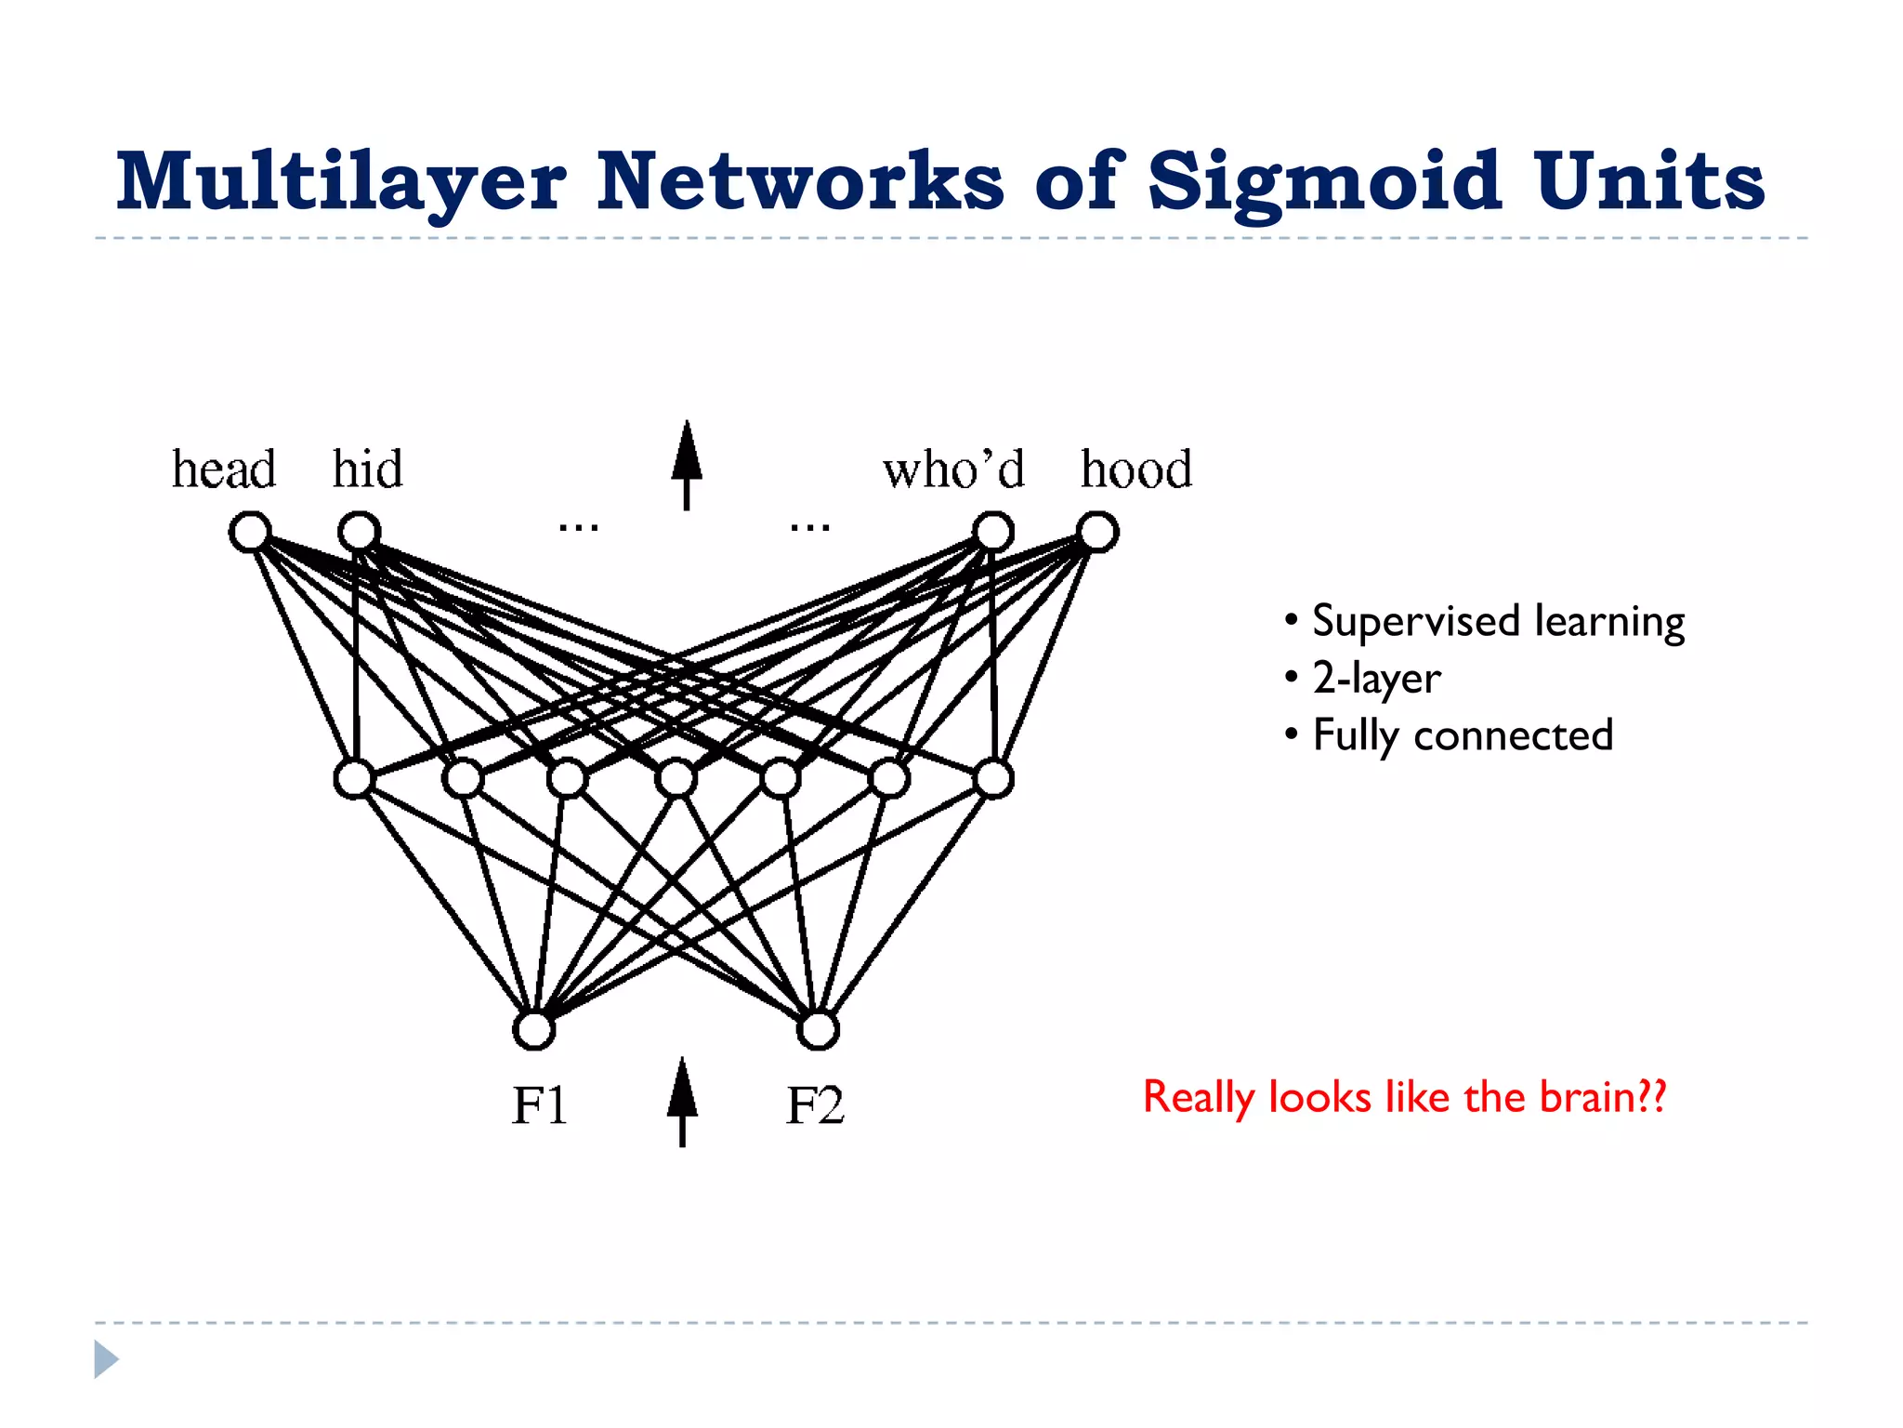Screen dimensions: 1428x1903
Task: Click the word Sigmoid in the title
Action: [x=1324, y=182]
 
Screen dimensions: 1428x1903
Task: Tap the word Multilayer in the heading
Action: [x=341, y=182]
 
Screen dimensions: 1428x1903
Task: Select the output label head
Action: [x=224, y=469]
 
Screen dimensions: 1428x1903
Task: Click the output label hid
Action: [x=368, y=469]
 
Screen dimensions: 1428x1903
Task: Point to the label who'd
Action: [x=953, y=469]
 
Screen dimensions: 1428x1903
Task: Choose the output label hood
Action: [x=1136, y=469]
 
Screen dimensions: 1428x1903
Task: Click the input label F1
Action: [x=539, y=1106]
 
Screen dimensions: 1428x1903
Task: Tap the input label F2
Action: [x=815, y=1106]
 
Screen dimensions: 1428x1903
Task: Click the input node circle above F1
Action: [x=534, y=1029]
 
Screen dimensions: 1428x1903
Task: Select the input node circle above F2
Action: [x=818, y=1029]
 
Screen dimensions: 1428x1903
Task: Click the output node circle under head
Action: [x=250, y=532]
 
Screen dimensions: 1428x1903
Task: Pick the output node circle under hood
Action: [x=1097, y=532]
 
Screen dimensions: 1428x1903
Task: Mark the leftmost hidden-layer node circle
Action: [x=354, y=778]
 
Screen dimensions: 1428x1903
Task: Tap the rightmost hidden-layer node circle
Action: [x=993, y=778]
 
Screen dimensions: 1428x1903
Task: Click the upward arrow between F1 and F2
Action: [x=683, y=1102]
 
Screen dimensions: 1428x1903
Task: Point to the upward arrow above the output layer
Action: [x=687, y=464]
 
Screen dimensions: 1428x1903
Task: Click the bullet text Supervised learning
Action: [x=1497, y=621]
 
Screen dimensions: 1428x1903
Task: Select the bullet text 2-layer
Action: [x=1376, y=678]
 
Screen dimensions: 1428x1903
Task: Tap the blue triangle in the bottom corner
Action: [x=105, y=1359]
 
